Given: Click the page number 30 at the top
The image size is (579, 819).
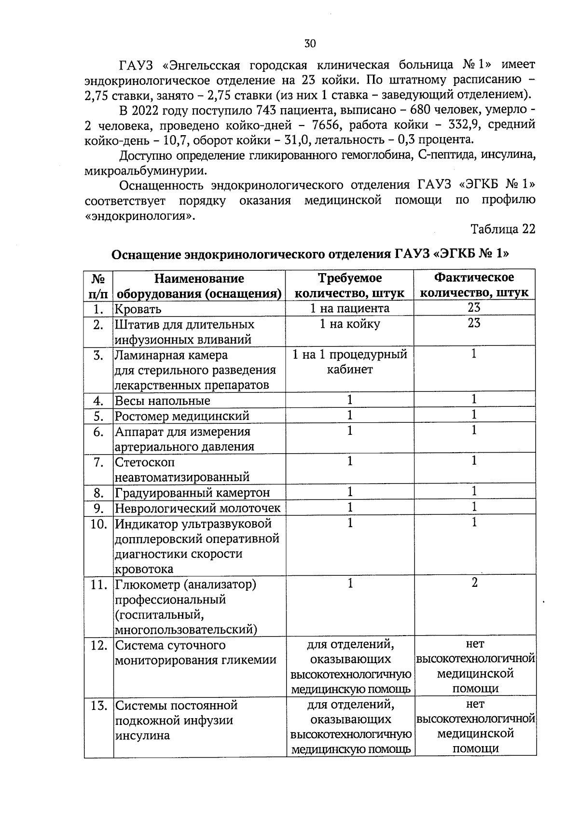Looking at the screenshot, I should [310, 43].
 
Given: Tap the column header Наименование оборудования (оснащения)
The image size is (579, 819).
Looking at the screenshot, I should [199, 286].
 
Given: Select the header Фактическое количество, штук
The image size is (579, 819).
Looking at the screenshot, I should [474, 285].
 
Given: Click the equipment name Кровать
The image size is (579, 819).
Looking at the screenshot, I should [138, 309].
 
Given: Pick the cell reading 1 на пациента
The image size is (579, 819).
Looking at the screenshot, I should [350, 308].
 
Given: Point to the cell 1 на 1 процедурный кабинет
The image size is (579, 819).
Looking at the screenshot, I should [350, 362].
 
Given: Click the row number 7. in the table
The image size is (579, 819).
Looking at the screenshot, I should [99, 462].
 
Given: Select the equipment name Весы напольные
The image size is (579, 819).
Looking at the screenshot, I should [163, 401].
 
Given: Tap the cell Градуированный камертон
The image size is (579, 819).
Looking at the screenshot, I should [192, 493].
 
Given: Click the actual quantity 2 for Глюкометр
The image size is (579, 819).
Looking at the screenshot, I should [475, 583].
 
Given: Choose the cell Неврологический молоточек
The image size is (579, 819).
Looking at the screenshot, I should [197, 508].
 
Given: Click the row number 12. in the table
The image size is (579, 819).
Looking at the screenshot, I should [99, 645].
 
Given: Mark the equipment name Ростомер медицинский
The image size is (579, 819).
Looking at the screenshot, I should [182, 416].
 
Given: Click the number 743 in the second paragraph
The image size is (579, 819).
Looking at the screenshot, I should [267, 110].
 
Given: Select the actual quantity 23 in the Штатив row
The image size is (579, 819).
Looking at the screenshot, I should [474, 323].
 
